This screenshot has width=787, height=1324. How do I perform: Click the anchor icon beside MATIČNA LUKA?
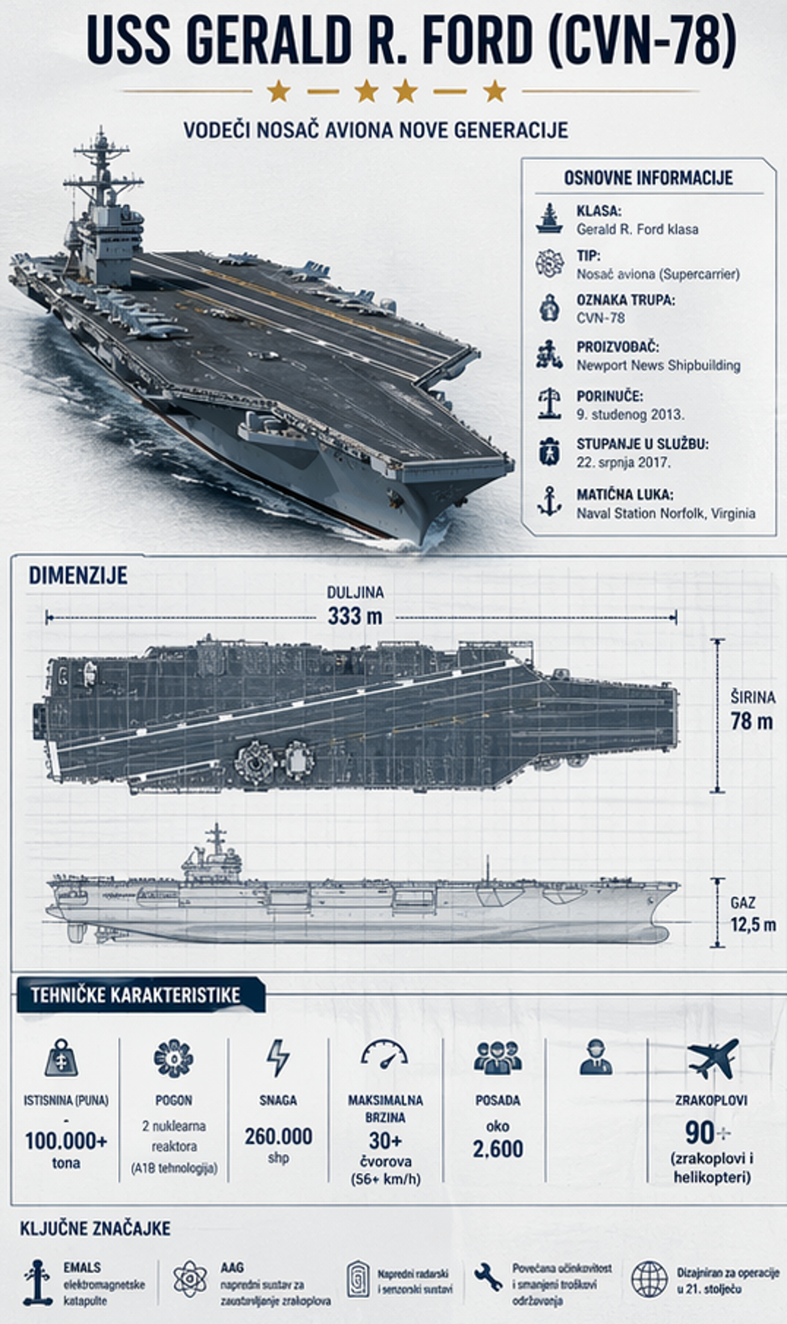(x=549, y=502)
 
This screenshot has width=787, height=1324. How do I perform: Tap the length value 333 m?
(x=355, y=616)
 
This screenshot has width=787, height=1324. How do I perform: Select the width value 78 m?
(x=751, y=721)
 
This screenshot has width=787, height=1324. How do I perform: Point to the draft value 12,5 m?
(x=753, y=925)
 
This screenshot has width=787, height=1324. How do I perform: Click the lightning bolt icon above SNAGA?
(x=277, y=1058)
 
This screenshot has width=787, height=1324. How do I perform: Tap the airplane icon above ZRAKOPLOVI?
(x=712, y=1059)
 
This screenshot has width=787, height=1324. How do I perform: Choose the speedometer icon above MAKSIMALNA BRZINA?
(x=384, y=1057)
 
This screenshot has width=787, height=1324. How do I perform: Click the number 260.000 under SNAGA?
(x=278, y=1136)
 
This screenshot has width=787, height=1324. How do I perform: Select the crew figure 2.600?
(x=497, y=1149)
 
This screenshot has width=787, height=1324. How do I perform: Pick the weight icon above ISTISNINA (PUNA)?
(x=62, y=1059)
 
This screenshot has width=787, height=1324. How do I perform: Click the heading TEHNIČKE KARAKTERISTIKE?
(x=136, y=996)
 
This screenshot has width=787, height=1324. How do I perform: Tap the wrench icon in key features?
(x=487, y=1278)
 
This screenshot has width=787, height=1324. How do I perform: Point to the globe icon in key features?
(x=649, y=1279)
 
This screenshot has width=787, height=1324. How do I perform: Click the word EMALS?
(x=82, y=1267)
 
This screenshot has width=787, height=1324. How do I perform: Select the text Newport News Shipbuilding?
(x=658, y=365)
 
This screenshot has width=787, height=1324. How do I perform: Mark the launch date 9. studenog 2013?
(x=630, y=414)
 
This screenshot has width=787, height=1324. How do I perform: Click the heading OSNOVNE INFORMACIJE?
(x=648, y=178)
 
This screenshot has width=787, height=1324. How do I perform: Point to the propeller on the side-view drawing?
(x=75, y=931)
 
